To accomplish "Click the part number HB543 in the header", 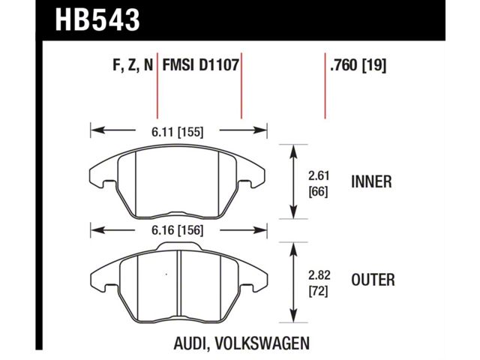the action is coord(97,20).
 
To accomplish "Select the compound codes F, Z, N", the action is coord(133,65).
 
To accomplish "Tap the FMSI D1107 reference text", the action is coord(200,65).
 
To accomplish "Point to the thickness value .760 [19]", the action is coord(358,65).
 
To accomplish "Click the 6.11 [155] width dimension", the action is coord(178,132).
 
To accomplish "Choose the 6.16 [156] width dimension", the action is coord(178,230).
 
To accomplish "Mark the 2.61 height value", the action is coord(319,176).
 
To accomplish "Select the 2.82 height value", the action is coord(319,275).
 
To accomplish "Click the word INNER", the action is coord(371,181).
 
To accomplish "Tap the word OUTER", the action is coord(373,280).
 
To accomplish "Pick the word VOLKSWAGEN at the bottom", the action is coord(262,343).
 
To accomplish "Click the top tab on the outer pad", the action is coord(178,247).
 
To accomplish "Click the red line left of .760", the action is coord(325,85).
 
